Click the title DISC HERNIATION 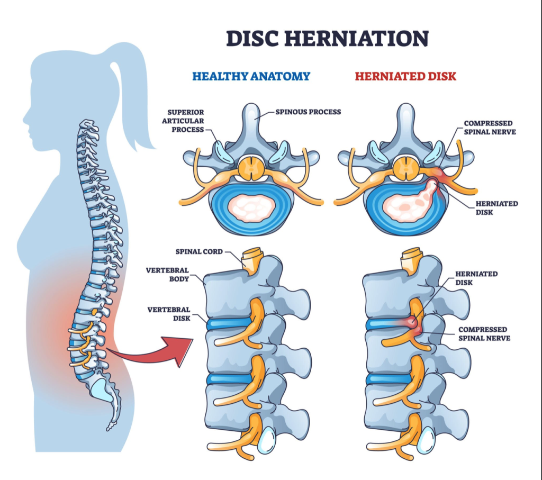click(x=327, y=38)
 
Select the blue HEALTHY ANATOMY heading click(x=251, y=76)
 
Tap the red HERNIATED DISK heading click(x=405, y=76)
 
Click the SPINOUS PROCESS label click(x=308, y=112)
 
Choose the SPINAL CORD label click(x=199, y=251)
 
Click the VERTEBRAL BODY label click(x=167, y=274)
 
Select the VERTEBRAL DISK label click(x=169, y=314)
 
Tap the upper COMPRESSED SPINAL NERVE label click(x=490, y=128)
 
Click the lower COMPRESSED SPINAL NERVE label click(x=484, y=334)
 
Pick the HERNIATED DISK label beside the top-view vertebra click(x=496, y=208)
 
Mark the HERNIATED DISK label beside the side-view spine click(x=476, y=278)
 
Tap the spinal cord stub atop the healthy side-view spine click(x=252, y=260)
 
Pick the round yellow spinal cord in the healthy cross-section click(x=251, y=168)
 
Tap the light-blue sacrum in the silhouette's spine click(x=103, y=390)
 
